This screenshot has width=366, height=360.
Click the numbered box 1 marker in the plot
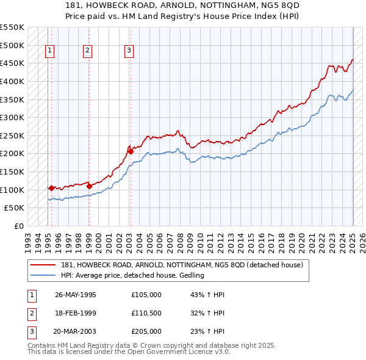point(49,51)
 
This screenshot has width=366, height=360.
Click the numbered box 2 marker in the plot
point(88,51)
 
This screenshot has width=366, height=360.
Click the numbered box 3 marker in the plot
point(129,51)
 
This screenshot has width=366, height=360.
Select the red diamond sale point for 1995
point(51,188)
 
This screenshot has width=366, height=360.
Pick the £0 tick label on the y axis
point(18,226)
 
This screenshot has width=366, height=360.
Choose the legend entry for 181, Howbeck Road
point(177,265)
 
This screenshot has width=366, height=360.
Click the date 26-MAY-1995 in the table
point(76,295)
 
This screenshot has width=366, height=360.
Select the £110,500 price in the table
point(146,313)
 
